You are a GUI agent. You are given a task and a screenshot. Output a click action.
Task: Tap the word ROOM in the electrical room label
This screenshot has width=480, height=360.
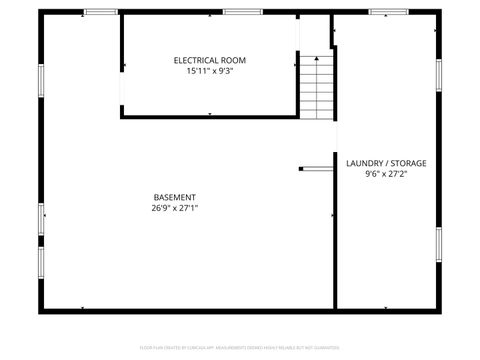pyautogui.click(x=233, y=60)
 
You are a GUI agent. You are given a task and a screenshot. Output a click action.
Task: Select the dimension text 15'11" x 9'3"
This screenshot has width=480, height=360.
pyautogui.click(x=209, y=71)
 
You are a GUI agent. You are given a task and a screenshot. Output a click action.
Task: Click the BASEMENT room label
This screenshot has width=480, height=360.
pyautogui.click(x=174, y=197)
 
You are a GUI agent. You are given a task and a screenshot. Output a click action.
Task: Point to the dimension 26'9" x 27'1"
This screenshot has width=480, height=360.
pyautogui.click(x=174, y=209)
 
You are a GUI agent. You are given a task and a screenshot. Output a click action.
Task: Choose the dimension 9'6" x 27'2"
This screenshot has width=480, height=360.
pyautogui.click(x=385, y=174)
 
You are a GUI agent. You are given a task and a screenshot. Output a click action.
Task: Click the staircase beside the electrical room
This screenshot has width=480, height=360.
pyautogui.click(x=317, y=87)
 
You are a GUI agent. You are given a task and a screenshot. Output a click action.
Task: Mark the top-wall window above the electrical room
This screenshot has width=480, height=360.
pyautogui.click(x=236, y=11)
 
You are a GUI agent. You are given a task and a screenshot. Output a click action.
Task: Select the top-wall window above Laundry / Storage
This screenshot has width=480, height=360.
pyautogui.click(x=384, y=11)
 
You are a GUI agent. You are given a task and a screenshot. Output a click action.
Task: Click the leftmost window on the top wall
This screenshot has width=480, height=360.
pyautogui.click(x=100, y=11)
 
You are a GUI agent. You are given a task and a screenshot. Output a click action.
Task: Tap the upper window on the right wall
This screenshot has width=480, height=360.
pyautogui.click(x=438, y=75)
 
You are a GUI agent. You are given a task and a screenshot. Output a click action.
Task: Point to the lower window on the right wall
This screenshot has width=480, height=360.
pyautogui.click(x=438, y=245)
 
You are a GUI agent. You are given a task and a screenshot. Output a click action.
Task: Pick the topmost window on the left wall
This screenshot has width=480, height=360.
pyautogui.click(x=41, y=78)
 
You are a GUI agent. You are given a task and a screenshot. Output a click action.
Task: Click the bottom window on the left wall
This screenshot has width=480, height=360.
pyautogui.click(x=41, y=262)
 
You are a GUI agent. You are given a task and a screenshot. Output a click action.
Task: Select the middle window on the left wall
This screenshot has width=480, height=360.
pyautogui.click(x=41, y=218)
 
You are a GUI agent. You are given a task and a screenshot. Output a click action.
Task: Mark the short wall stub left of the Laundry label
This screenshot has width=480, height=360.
pyautogui.click(x=316, y=168)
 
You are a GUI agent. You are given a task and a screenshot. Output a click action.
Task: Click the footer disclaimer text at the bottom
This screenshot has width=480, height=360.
pyautogui.click(x=239, y=348)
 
